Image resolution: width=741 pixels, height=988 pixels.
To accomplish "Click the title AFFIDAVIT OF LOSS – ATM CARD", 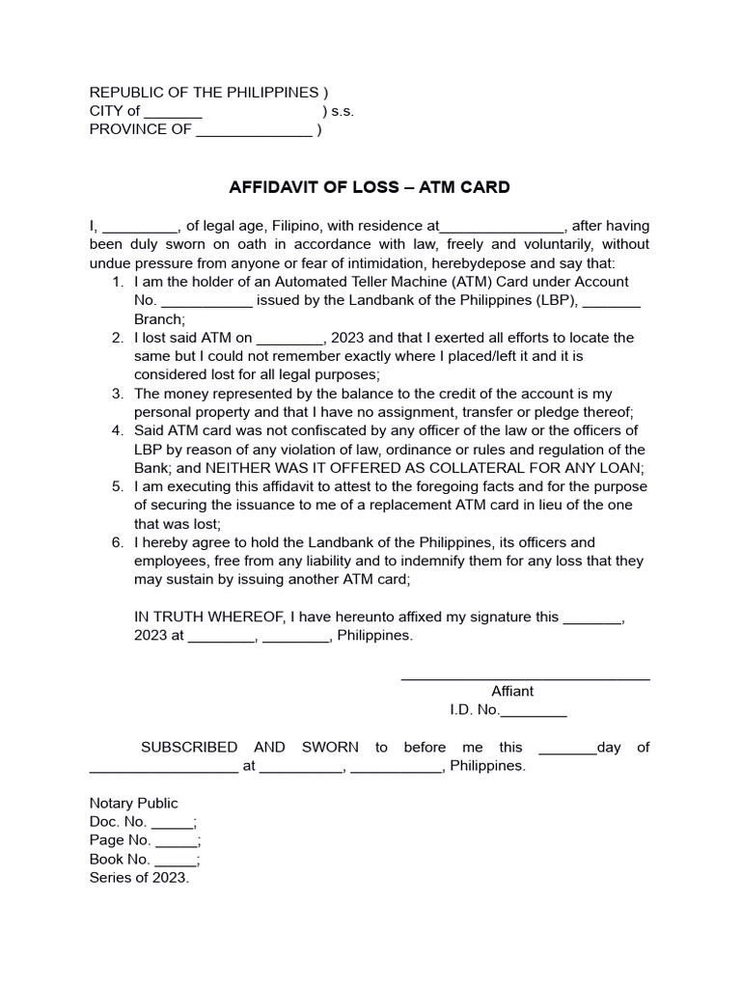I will pos(369,187).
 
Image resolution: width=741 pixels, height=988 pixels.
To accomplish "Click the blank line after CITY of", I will pos(173,112).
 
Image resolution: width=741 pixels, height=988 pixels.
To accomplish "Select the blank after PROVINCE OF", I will pos(254,130).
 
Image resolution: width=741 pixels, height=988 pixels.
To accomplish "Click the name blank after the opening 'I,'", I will pos(140,227).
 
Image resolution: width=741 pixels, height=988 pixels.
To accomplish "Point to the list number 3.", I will pos(117,394).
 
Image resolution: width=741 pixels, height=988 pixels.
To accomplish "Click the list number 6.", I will pos(117,542).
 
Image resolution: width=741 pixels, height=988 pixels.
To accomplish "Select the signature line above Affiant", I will pos(525,680).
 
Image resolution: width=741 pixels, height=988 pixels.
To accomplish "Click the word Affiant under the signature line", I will pos(512,692).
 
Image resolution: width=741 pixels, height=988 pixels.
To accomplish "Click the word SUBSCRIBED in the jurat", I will pos(189,748).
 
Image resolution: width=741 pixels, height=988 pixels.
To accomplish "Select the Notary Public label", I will pos(134,804).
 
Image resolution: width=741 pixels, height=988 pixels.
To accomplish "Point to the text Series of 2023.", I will pos(139,878).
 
